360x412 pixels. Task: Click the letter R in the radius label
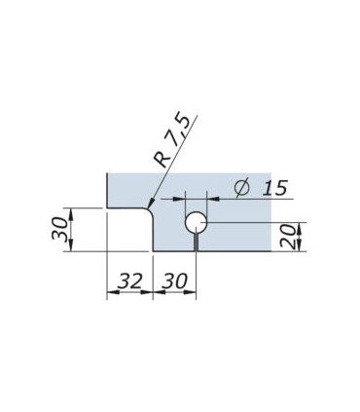(162, 158)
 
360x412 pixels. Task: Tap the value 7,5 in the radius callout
(181, 130)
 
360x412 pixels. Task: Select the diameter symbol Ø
(242, 187)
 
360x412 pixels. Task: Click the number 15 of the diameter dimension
(274, 188)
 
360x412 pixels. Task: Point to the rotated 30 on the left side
(60, 229)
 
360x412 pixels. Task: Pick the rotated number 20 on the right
(288, 237)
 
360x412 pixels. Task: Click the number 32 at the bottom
(129, 281)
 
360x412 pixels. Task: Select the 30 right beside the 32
(175, 281)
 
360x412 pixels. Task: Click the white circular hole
(196, 222)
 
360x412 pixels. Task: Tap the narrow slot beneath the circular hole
(196, 243)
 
